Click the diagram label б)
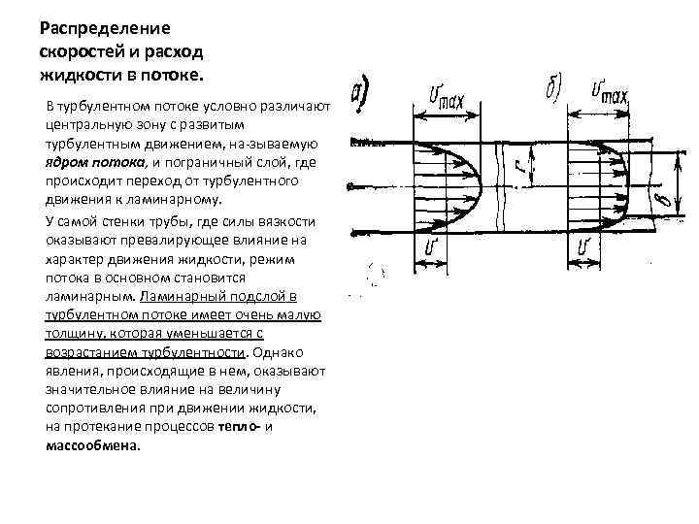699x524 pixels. click(549, 91)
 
